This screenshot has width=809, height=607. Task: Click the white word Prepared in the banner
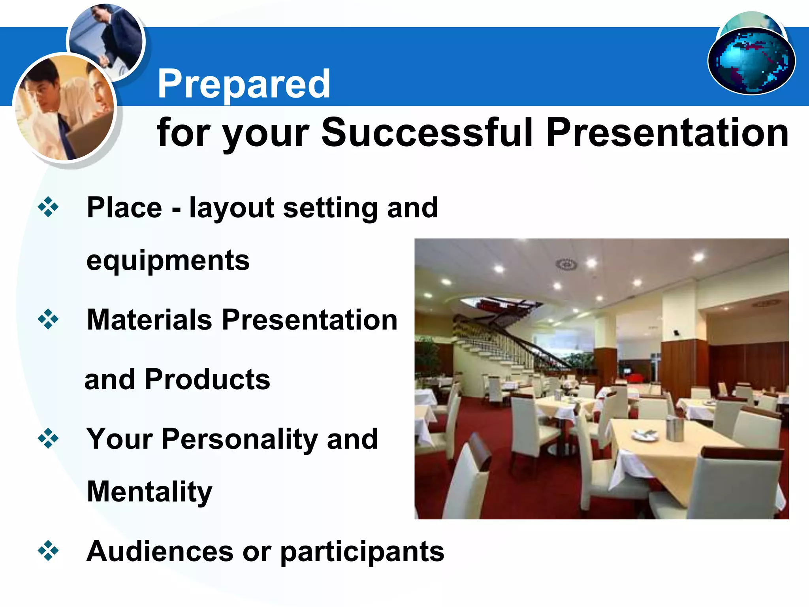point(244,84)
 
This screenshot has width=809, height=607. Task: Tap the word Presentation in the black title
point(667,132)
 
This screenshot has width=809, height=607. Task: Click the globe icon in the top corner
point(752,60)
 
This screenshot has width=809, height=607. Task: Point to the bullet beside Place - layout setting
point(48,207)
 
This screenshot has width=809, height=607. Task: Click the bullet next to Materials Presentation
point(48,319)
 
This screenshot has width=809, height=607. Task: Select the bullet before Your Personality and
point(48,438)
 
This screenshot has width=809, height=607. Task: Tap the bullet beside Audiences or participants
point(48,550)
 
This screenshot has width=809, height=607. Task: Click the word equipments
point(168,261)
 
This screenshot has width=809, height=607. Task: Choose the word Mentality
point(149,492)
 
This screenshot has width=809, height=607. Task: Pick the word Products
point(207,379)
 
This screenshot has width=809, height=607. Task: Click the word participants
point(362,552)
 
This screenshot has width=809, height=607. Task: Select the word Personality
point(239,440)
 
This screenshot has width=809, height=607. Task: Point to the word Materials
point(149,320)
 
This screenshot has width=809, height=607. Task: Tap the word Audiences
point(160,551)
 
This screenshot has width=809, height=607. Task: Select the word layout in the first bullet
point(231,208)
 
